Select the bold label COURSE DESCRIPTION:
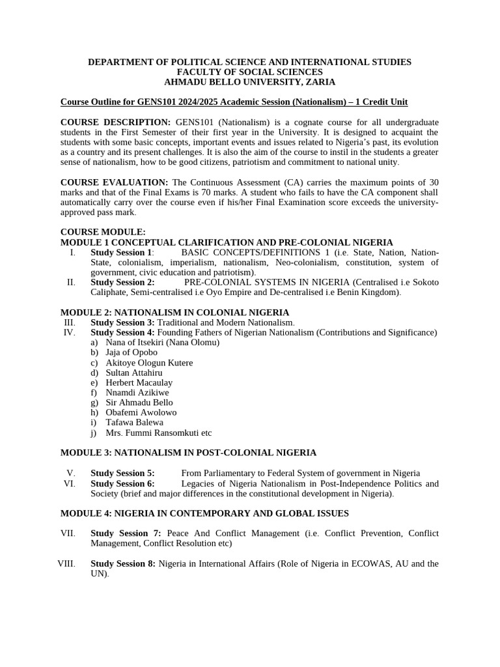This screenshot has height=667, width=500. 115,122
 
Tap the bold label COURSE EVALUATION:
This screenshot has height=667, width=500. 114,182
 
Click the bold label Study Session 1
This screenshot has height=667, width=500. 121,252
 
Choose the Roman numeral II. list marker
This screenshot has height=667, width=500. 71,282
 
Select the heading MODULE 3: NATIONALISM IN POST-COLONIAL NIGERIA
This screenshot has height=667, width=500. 188,452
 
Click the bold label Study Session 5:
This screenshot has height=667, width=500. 122,473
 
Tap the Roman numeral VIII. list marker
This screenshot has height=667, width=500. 66,563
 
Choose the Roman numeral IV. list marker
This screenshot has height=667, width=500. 70,332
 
